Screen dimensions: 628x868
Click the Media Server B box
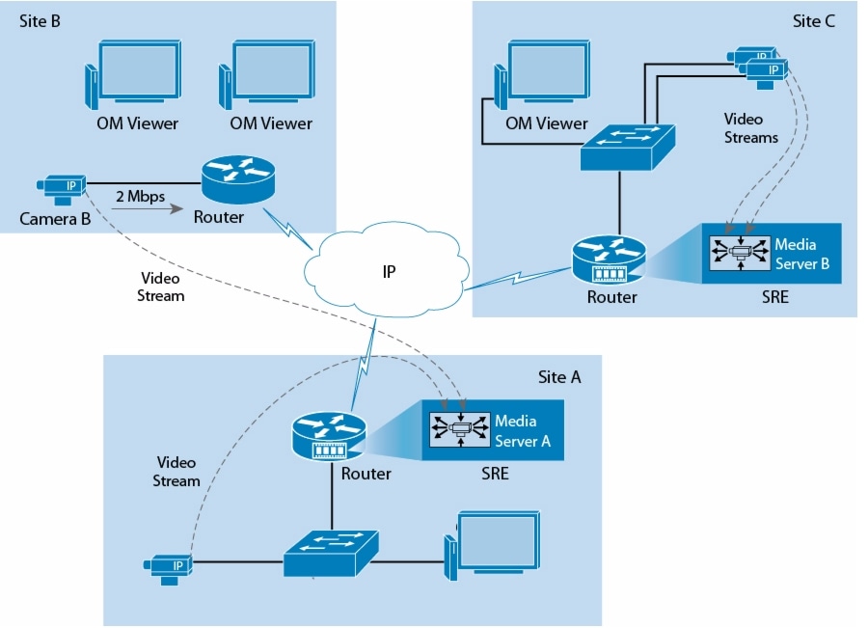pyautogui.click(x=775, y=254)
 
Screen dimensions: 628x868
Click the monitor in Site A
pyautogui.click(x=493, y=545)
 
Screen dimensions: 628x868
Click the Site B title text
pyautogui.click(x=41, y=21)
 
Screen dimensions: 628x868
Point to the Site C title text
pyautogui.click(x=814, y=21)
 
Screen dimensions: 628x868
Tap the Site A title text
pyautogui.click(x=559, y=377)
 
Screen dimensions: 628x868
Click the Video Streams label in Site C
pyautogui.click(x=750, y=128)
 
